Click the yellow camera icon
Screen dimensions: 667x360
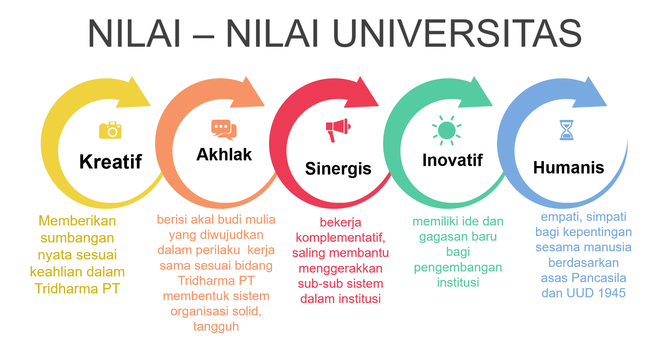(x=110, y=130)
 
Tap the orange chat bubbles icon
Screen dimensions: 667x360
(x=224, y=130)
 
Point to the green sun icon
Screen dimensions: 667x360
(x=447, y=130)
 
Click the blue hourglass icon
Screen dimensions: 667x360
(x=566, y=130)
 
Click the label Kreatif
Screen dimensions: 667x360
(x=110, y=162)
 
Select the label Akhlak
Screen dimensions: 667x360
(x=224, y=154)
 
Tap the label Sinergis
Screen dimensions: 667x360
(x=338, y=168)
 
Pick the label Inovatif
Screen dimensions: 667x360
(x=452, y=160)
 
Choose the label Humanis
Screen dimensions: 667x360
(x=569, y=167)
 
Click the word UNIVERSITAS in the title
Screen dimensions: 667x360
(x=457, y=33)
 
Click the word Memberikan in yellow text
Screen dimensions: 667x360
(x=77, y=221)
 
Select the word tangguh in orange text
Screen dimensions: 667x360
(x=216, y=327)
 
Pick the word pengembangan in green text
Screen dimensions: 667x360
(x=458, y=268)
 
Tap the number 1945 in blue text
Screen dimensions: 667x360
(x=611, y=293)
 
